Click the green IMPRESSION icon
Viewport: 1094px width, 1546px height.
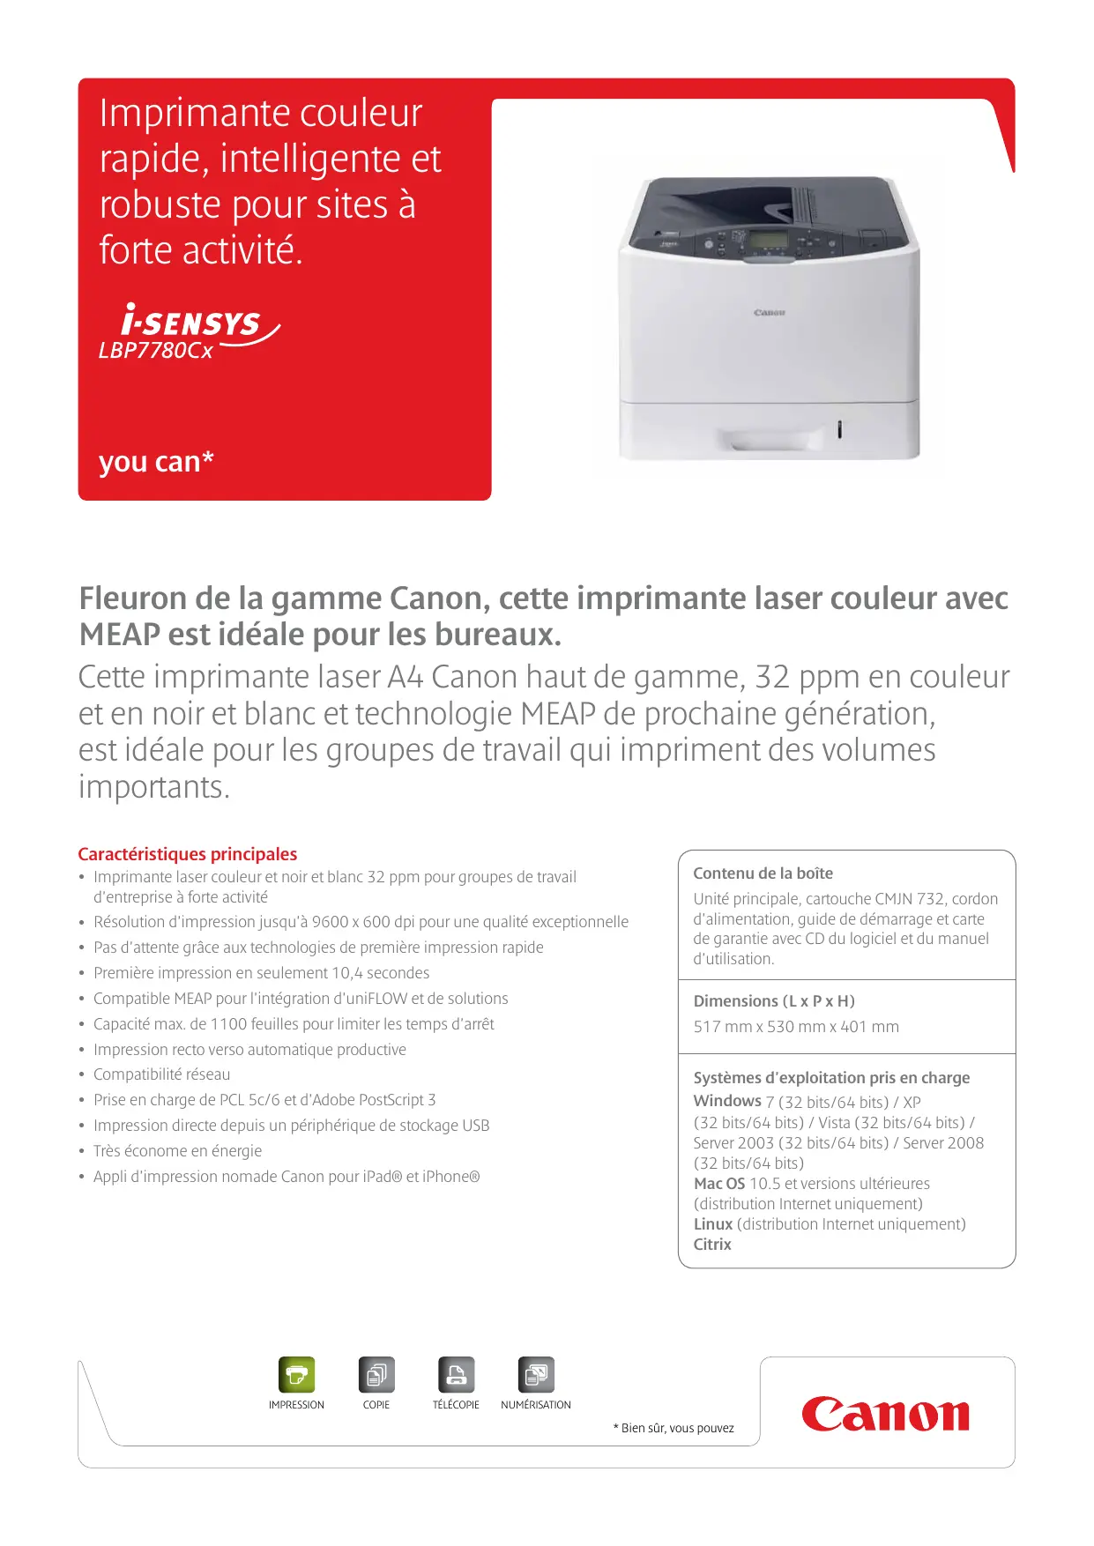point(296,1374)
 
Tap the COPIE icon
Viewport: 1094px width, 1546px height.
point(376,1374)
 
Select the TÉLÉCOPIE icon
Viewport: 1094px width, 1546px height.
point(456,1374)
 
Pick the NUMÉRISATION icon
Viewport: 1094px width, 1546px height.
point(536,1374)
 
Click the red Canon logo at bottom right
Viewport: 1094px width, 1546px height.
point(885,1414)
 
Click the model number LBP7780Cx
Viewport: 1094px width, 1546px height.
point(156,351)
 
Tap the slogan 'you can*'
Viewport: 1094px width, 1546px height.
point(156,461)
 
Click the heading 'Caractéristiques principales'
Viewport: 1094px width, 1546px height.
point(187,854)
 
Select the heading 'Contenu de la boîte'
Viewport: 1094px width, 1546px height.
point(763,873)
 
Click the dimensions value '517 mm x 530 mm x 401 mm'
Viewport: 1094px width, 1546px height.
point(796,1027)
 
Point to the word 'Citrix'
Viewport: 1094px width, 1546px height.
point(712,1245)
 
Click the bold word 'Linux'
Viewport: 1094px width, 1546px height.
point(712,1224)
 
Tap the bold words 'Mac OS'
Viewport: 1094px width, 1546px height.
point(719,1184)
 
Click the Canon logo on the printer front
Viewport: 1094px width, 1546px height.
point(769,313)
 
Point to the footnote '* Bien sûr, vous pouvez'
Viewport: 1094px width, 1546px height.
point(674,1428)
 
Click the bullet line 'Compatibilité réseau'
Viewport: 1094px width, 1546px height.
point(162,1074)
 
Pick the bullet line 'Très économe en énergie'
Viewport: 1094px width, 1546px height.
point(178,1151)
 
